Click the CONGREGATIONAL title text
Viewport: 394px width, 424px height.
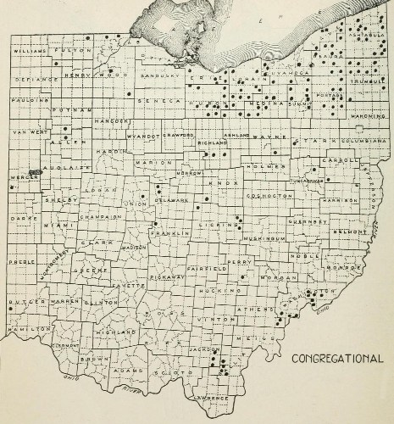[336, 359]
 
